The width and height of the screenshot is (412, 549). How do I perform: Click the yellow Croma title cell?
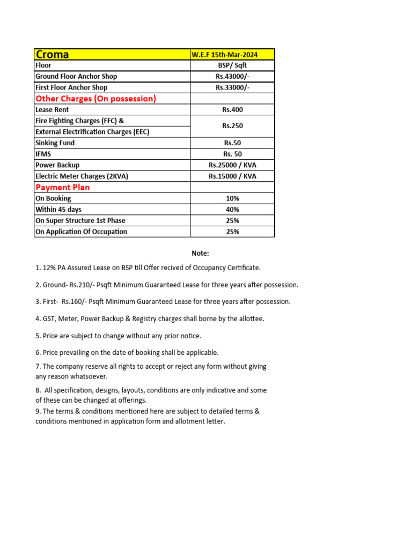tap(112, 54)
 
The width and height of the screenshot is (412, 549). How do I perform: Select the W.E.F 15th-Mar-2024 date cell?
tap(232, 55)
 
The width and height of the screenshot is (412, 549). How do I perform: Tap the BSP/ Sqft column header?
tap(232, 65)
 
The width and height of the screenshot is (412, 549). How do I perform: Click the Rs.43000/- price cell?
tap(232, 77)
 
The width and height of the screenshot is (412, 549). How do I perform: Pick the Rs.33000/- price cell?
tap(232, 87)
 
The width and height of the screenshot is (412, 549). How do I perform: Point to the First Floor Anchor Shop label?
tap(71, 87)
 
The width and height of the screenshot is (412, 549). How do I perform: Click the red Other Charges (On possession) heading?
tap(95, 99)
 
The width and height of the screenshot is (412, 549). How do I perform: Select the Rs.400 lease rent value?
tap(232, 110)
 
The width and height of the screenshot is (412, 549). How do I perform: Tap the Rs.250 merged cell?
tap(232, 127)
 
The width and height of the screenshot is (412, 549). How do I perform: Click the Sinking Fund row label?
tap(55, 143)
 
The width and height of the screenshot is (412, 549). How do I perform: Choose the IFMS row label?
tap(43, 154)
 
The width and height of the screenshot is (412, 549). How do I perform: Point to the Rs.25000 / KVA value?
tap(232, 165)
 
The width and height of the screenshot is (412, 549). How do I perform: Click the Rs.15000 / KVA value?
tap(232, 176)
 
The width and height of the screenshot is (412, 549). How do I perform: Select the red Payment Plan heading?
tap(62, 188)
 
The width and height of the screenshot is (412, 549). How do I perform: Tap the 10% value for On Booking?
tap(232, 198)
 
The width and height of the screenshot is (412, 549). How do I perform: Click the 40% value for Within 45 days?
tap(232, 210)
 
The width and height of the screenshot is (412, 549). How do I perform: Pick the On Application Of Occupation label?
tap(81, 232)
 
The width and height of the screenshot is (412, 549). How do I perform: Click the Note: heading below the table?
tap(201, 254)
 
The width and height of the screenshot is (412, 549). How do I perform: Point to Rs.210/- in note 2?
tap(82, 285)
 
